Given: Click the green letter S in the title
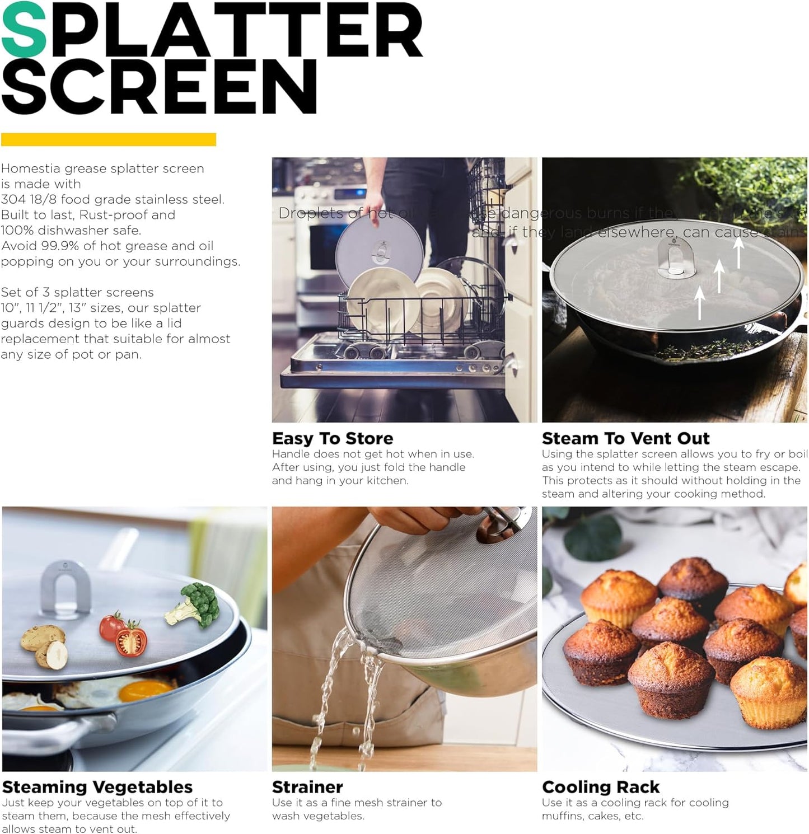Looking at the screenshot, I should [24, 31].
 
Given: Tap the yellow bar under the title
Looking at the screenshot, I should [109, 139].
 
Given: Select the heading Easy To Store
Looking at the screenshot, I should [333, 438].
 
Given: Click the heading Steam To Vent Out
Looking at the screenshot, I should [625, 438].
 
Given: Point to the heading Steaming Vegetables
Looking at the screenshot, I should [97, 787].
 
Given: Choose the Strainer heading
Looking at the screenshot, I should [307, 787].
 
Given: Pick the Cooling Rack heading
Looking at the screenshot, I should [601, 787].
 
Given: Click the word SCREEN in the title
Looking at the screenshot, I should [160, 87].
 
